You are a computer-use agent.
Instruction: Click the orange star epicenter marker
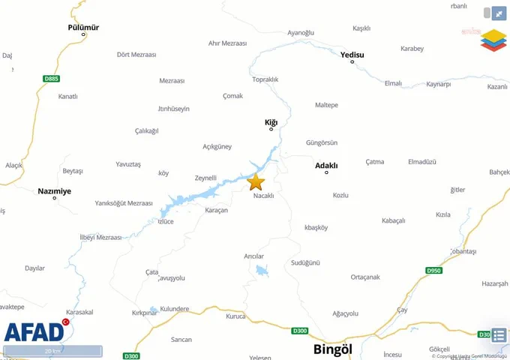tap(256, 181)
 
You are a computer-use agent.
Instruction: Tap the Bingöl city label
tap(332, 349)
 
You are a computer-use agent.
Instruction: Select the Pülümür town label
tap(83, 28)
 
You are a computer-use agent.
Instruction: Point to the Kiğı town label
tap(271, 121)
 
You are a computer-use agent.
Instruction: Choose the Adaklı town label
tap(326, 165)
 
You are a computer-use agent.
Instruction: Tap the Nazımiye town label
tap(55, 191)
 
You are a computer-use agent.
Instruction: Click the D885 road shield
tap(51, 78)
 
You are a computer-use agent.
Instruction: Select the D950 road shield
tap(433, 270)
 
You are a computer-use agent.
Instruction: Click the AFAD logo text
tap(34, 331)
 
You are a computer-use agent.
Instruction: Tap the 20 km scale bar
tap(52, 350)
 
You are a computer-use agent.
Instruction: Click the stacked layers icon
tap(493, 40)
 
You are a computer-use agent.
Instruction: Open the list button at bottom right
tap(499, 334)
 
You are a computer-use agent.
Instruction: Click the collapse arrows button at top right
tap(498, 13)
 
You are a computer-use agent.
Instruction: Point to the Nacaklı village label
tap(264, 196)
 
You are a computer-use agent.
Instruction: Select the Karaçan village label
tap(216, 210)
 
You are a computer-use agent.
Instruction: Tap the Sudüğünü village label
tap(305, 262)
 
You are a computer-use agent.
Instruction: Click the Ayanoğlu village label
tap(301, 33)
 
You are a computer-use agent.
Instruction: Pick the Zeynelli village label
tap(205, 178)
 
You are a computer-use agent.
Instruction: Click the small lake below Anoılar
tap(261, 271)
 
